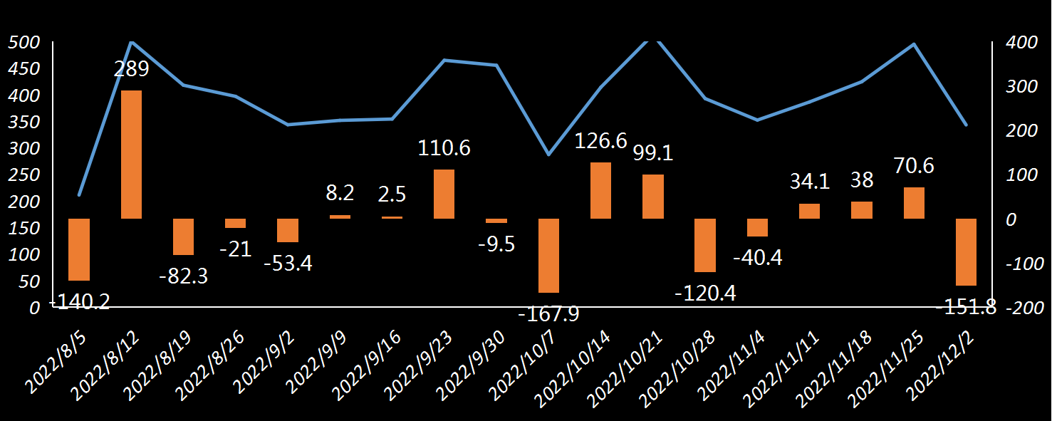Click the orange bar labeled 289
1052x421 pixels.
(131, 154)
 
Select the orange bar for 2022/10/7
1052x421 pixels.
(548, 255)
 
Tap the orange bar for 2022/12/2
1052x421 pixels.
(966, 251)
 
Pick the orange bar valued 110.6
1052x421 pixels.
(444, 194)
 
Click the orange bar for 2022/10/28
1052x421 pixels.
(705, 245)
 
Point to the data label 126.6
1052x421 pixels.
(600, 141)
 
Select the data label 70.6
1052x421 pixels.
(914, 166)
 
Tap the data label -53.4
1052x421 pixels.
(288, 263)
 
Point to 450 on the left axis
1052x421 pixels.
(25, 68)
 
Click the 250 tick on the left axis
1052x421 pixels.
(25, 175)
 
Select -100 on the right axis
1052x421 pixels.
(1021, 264)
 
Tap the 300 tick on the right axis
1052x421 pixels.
(1021, 87)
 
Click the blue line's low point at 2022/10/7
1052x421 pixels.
(548, 155)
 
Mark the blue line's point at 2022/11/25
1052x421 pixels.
(914, 44)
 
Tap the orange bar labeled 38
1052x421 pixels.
(862, 210)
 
